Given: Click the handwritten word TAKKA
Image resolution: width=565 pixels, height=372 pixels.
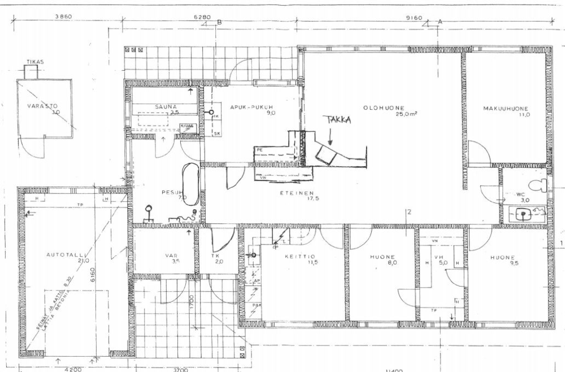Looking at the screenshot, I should [x=337, y=120].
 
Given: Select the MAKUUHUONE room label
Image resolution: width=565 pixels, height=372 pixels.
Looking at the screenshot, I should [x=505, y=109].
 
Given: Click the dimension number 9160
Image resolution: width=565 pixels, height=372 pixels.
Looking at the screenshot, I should [x=414, y=19].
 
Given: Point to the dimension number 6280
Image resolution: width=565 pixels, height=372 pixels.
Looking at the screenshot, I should [x=202, y=18].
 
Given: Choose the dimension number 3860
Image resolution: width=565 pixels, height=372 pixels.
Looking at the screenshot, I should [x=63, y=18].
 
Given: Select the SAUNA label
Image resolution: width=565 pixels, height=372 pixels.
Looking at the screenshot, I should [x=167, y=106].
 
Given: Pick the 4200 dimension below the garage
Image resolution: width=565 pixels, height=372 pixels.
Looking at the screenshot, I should [x=73, y=369].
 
